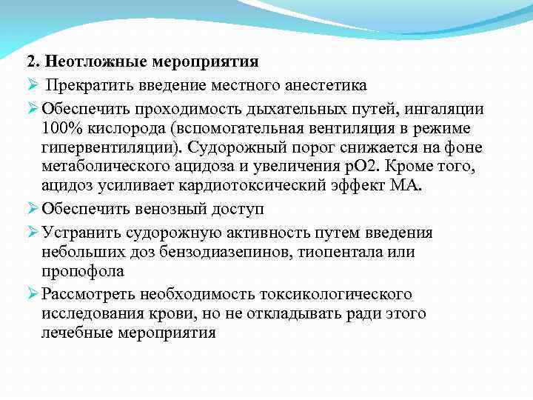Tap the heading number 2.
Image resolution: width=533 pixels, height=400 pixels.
pyautogui.click(x=32, y=61)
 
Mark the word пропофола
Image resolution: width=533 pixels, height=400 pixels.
pyautogui.click(x=82, y=272)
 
